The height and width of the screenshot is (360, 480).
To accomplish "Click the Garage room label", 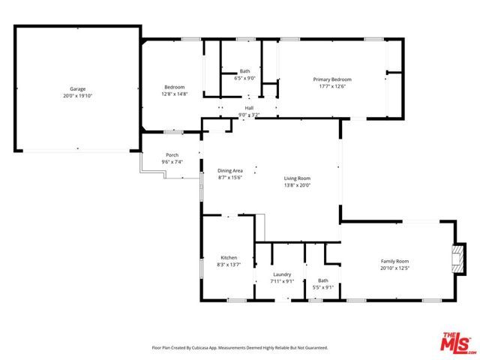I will coord(78,88).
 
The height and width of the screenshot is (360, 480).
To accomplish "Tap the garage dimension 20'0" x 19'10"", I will coord(78,96).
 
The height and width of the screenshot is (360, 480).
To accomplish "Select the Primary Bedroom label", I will coord(331,79).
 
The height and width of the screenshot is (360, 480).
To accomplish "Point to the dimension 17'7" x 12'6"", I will coord(331,86).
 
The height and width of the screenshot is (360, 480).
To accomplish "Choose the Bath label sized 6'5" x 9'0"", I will coord(244,71).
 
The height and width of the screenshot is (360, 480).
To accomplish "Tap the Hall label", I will coord(249,108).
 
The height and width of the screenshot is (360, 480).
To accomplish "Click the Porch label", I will coord(172,155).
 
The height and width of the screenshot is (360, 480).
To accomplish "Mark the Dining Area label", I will coord(230,170).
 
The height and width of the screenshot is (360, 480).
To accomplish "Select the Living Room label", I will coord(297,178).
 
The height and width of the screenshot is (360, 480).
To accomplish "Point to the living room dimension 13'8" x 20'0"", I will coord(297,185).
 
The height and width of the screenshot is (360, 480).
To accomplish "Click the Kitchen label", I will coord(229,257).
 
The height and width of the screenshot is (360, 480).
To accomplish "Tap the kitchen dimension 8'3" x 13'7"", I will coord(229,265).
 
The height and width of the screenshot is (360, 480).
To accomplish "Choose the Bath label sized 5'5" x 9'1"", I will coord(322,280).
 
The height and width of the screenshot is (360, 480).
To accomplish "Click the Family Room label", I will coord(397,260).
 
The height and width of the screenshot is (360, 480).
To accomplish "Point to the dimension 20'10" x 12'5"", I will coord(397,268).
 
